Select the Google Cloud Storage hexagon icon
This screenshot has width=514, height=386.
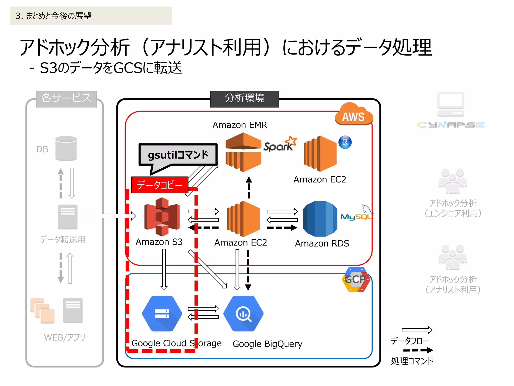162,314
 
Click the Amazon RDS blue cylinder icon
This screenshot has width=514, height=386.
320,219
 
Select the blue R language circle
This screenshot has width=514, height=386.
345,142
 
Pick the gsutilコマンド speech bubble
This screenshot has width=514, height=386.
178,155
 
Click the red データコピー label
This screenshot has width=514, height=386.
160,185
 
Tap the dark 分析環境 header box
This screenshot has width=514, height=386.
244,99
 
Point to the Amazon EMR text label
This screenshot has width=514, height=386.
240,125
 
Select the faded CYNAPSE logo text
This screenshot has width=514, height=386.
451,125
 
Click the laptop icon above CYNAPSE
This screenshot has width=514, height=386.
451,104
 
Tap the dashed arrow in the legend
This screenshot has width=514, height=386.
418,350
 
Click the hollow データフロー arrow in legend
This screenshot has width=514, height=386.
417,330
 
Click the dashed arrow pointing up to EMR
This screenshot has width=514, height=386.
249,187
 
